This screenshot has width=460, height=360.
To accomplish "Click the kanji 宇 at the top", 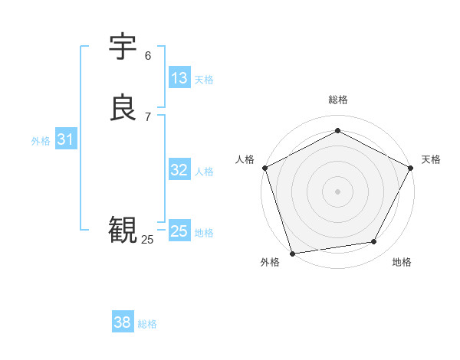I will (x=123, y=47).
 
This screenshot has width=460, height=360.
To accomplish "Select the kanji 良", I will (x=123, y=108).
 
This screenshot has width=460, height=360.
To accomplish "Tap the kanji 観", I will (x=123, y=230).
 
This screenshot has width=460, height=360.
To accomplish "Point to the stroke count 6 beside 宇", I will (x=148, y=55).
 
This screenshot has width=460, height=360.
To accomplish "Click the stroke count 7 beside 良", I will (x=148, y=116).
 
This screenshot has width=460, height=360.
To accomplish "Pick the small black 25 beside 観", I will (x=147, y=239).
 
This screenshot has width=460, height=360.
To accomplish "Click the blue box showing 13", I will (x=179, y=78).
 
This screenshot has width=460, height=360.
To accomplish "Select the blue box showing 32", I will (x=179, y=170).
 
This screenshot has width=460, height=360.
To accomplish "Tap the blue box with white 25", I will (x=179, y=231).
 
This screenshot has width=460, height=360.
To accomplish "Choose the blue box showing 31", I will (x=65, y=139).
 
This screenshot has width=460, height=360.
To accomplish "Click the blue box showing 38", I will (x=122, y=322).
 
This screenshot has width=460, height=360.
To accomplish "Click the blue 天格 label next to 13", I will (x=204, y=80).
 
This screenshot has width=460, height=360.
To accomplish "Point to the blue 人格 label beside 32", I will (x=204, y=172).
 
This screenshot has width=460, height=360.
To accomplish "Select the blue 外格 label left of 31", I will (x=41, y=141).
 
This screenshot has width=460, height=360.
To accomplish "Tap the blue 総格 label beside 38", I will (x=147, y=324).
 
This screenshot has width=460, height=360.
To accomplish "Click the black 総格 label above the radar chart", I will (x=337, y=100).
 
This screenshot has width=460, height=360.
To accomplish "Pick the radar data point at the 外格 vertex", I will (x=292, y=253).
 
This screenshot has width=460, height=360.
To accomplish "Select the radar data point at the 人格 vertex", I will (x=264, y=168).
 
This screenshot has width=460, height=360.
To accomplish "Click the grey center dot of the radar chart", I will (x=337, y=191).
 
